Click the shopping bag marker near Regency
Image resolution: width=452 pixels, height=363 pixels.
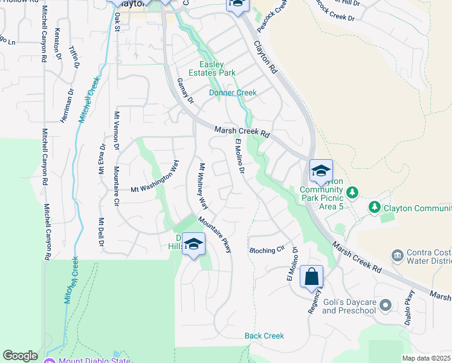(311, 276)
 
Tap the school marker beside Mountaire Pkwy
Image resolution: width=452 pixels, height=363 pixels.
(193, 244)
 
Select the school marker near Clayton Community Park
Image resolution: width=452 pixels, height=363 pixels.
(321, 169)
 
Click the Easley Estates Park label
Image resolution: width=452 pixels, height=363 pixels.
(218, 69)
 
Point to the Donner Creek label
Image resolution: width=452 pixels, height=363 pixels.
(233, 93)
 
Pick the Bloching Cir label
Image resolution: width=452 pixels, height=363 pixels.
(266, 250)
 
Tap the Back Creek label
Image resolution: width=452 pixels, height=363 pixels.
(264, 336)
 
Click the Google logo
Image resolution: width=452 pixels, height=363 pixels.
(19, 356)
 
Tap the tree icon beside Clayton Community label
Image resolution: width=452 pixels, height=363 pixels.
(374, 208)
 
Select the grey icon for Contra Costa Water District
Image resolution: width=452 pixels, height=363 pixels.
(397, 254)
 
